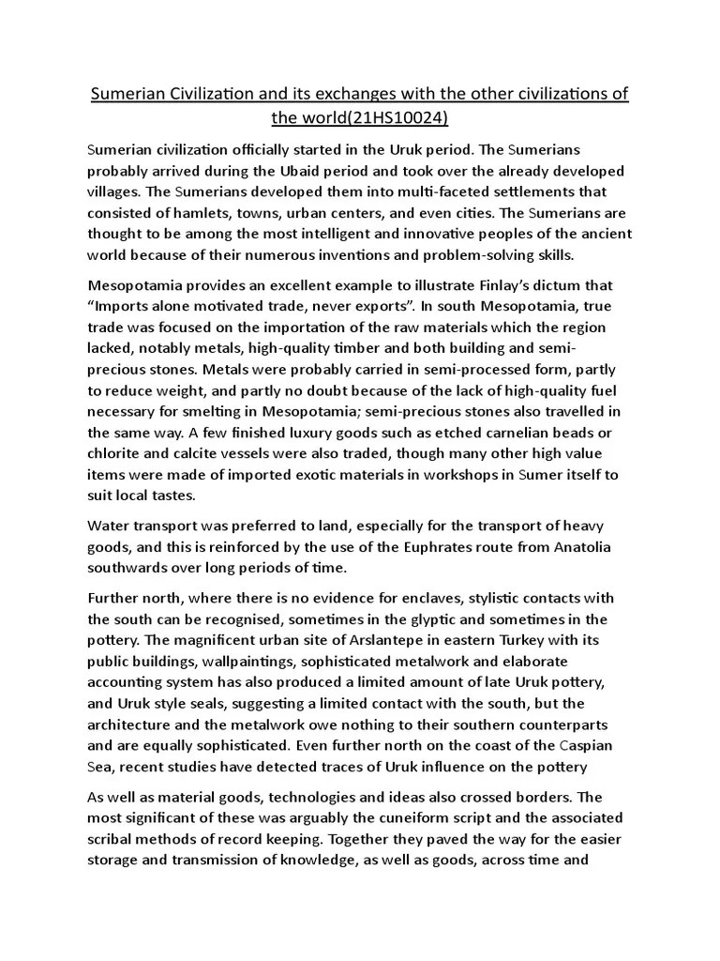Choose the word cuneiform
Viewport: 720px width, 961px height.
[x=398, y=817]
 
